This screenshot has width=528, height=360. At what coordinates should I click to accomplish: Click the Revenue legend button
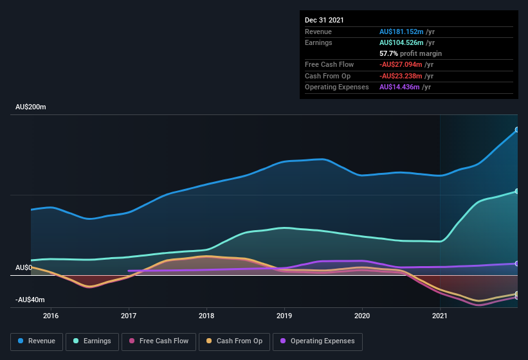[37, 341]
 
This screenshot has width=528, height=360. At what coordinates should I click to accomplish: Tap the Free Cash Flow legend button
[159, 341]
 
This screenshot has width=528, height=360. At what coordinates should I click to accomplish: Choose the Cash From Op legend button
[234, 341]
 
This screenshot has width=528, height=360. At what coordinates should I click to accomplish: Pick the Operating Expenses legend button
[318, 341]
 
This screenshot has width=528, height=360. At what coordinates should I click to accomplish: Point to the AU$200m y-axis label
[31, 107]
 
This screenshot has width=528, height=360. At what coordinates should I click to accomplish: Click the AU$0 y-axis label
[23, 267]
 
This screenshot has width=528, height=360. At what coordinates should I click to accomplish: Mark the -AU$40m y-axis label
[30, 300]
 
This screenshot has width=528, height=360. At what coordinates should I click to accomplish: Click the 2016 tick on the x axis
[51, 316]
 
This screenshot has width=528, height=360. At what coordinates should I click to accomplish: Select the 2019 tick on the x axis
[284, 316]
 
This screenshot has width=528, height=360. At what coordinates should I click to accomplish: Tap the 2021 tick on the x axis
[440, 316]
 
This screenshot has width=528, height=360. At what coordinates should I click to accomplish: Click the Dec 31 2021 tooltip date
[324, 20]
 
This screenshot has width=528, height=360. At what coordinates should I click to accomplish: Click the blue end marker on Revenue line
[517, 130]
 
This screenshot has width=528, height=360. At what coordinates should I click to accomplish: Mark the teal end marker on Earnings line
[517, 192]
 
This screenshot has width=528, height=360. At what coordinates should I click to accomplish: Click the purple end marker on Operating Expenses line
[517, 264]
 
